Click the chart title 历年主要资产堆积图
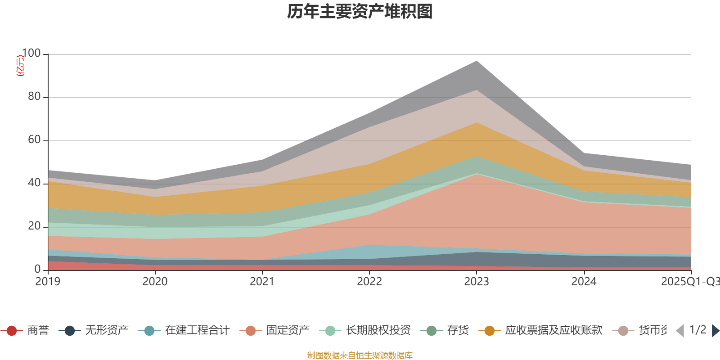tap(360, 12)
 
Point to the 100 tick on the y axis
tap(31, 54)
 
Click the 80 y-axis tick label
tap(34, 97)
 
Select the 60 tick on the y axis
tap(34, 140)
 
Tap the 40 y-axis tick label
tap(34, 183)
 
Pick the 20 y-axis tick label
tap(34, 226)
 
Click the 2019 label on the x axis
tap(48, 282)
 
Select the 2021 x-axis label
tap(262, 282)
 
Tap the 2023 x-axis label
tap(477, 282)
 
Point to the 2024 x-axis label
tap(584, 282)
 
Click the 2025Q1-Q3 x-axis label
tap(689, 282)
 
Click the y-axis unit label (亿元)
tap(20, 66)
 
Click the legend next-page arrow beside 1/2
tap(715, 331)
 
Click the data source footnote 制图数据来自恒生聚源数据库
tap(360, 355)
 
